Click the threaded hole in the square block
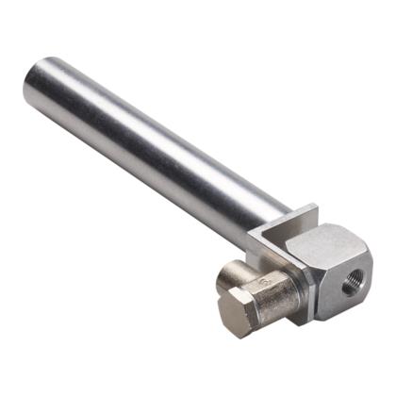click(x=351, y=284)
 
